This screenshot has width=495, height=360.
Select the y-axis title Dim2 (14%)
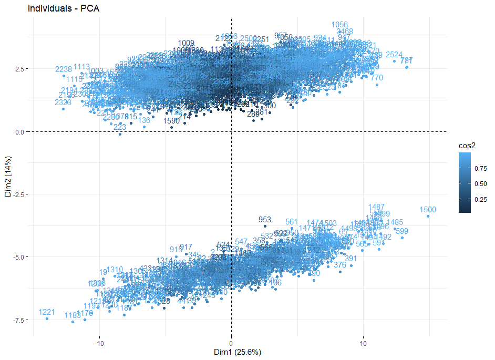7,176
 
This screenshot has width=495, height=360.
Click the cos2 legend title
466,146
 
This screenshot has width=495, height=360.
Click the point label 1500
428,210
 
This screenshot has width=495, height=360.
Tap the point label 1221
47,312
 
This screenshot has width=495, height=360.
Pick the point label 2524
394,55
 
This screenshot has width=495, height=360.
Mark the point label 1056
339,25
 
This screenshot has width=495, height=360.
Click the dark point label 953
265,219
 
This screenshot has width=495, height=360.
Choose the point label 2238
63,69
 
